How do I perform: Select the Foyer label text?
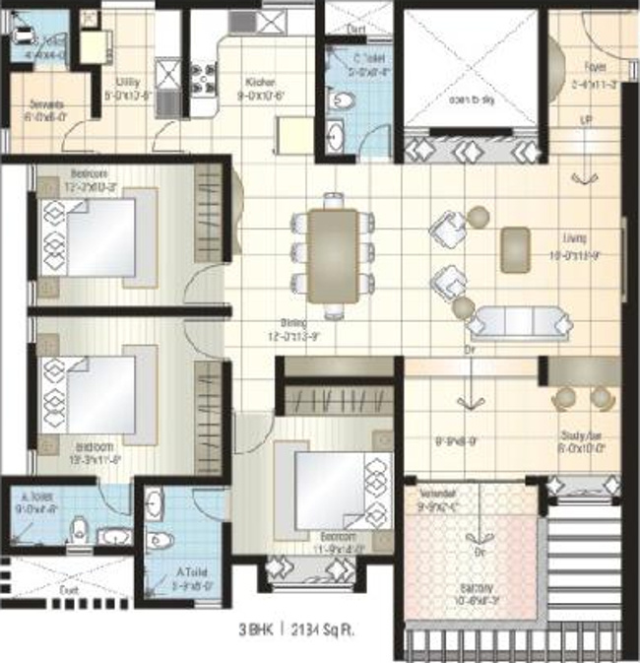click(x=594, y=68)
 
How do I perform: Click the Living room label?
click(x=575, y=238)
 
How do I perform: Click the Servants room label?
click(x=46, y=103)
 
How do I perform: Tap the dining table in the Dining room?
click(x=332, y=255)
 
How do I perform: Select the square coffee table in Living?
click(x=515, y=249)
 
